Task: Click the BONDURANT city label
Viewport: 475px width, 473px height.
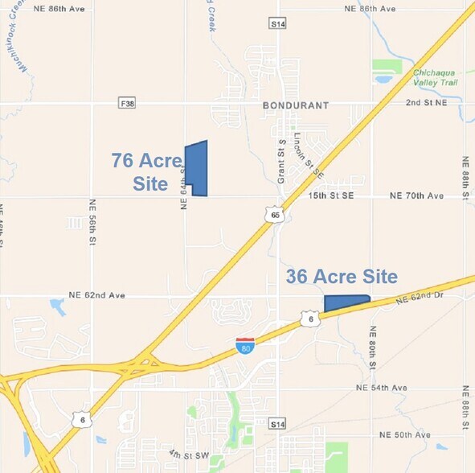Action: [x=296, y=105]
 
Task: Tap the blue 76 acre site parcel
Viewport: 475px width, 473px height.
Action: [x=196, y=168]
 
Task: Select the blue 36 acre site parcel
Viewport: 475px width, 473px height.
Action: [x=345, y=303]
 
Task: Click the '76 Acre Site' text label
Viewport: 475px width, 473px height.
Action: [x=146, y=171]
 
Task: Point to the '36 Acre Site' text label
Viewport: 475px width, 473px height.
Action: [x=342, y=277]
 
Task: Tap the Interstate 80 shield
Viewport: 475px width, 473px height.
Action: [x=245, y=346]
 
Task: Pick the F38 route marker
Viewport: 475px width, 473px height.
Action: [x=125, y=104]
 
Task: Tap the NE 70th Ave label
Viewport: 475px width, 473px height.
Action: [x=416, y=195]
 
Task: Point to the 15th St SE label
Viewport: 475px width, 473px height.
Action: [x=330, y=195]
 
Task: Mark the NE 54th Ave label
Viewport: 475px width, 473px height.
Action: [x=383, y=388]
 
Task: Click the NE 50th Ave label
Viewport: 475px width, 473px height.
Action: [x=406, y=434]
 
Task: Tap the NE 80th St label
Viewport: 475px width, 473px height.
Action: [x=373, y=347]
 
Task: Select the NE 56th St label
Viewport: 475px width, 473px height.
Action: [x=93, y=222]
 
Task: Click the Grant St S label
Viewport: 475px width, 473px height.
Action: [x=281, y=162]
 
